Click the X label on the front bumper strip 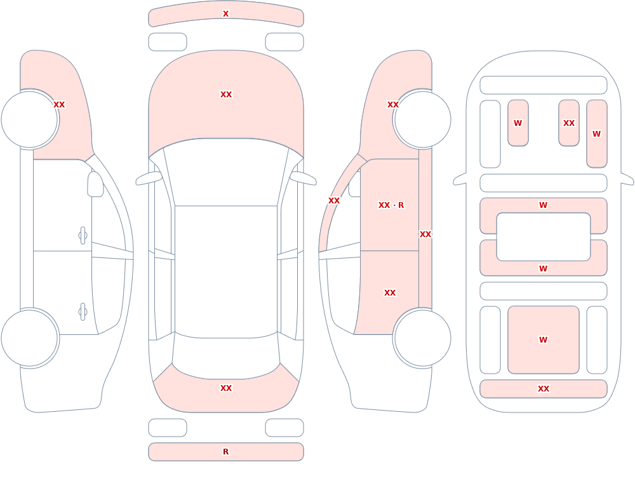pos(225,14)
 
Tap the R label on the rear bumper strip pos(225,452)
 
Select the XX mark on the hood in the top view pos(226,95)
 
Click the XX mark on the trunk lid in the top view pos(226,388)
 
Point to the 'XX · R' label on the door pos(391,205)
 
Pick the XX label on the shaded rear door pos(390,293)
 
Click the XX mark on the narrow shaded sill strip pos(425,235)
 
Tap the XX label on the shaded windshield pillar pos(334,201)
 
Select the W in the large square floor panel pos(543,340)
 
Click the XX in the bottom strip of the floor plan pos(543,389)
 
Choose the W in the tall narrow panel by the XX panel pos(596,134)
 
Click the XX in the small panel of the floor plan pos(568,123)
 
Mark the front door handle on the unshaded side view pos(83,236)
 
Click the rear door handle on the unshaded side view pos(83,312)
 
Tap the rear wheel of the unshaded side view pos(30,338)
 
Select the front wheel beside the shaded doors pos(422,119)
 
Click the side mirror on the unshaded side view pos(96,184)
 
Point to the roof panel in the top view pos(226,271)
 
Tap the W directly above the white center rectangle pos(543,205)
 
